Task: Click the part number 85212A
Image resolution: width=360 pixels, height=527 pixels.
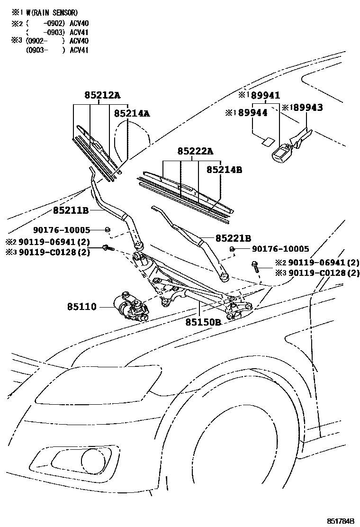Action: point(102,95)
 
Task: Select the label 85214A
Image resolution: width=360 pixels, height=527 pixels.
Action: point(132,114)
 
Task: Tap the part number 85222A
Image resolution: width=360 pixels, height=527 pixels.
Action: point(195,152)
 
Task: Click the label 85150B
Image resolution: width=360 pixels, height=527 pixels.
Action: point(203,322)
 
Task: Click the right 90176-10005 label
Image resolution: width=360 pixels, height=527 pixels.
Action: point(280,249)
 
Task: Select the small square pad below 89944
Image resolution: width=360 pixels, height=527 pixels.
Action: point(267,141)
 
